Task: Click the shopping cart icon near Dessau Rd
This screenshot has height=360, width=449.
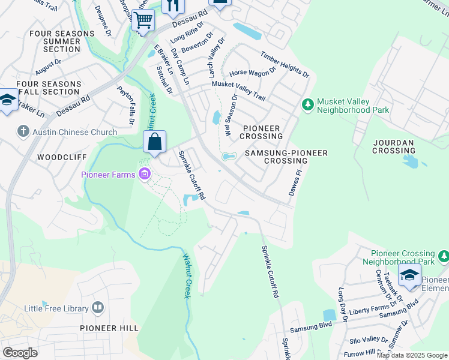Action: tap(143, 20)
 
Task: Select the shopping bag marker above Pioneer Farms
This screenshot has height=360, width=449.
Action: tap(154, 142)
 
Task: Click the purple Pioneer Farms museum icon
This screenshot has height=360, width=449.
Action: tap(144, 175)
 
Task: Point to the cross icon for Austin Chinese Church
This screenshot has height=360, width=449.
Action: tap(23, 131)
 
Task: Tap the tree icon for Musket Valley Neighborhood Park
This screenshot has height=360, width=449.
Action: tap(308, 105)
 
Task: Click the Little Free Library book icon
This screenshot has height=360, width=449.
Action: tap(97, 308)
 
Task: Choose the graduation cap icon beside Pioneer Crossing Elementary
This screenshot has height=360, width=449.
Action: tap(410, 275)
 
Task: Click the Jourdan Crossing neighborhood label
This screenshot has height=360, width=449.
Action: tap(393, 147)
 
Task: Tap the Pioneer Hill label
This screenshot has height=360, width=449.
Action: tap(109, 328)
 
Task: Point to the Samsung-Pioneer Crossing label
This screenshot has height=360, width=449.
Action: tap(286, 157)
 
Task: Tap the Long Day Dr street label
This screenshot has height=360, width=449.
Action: tap(342, 304)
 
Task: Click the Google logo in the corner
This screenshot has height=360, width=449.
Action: tap(20, 353)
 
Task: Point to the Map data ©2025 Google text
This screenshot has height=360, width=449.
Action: tap(412, 355)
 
